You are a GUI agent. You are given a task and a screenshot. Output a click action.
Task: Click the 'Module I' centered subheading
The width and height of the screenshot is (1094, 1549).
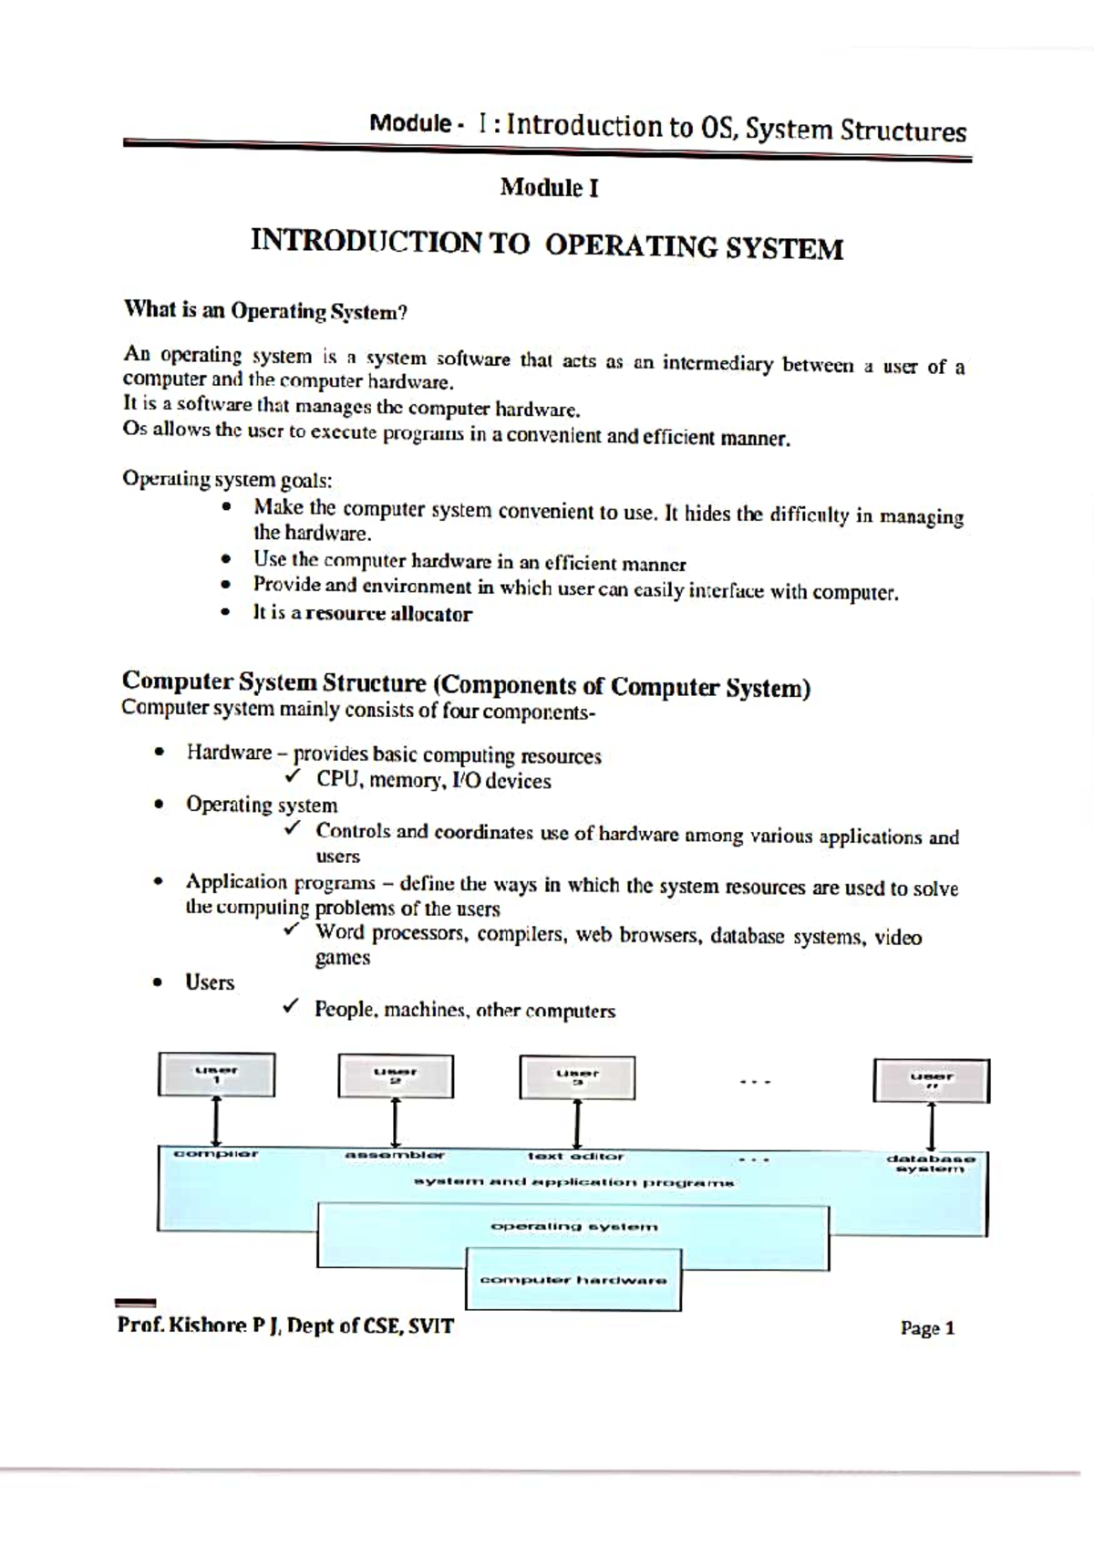(549, 188)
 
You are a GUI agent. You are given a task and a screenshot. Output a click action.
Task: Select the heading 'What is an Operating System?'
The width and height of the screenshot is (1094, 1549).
(264, 310)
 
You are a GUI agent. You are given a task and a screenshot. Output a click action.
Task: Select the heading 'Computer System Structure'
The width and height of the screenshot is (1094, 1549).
(273, 681)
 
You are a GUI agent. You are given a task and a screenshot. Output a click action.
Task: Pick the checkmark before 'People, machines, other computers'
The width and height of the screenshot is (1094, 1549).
(290, 1006)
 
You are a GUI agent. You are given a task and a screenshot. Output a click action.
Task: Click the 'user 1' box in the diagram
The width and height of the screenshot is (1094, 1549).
(216, 1075)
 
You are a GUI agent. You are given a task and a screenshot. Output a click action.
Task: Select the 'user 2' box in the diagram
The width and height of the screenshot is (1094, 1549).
(396, 1076)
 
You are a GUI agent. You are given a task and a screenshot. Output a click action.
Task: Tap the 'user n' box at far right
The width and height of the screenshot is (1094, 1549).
(931, 1081)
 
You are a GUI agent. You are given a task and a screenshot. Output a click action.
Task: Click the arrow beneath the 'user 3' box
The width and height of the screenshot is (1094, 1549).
(577, 1124)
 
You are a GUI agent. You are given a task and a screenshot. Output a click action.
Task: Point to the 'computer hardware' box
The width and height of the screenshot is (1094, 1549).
(573, 1280)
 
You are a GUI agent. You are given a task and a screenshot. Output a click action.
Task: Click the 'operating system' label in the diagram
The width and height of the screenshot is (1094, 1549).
(573, 1226)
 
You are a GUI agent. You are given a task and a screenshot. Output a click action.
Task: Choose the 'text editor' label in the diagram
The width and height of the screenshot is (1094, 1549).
(575, 1156)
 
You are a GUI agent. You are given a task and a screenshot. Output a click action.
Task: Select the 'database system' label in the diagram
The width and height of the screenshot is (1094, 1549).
(931, 1163)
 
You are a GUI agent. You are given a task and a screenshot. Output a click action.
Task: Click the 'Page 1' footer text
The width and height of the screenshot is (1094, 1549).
(927, 1328)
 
